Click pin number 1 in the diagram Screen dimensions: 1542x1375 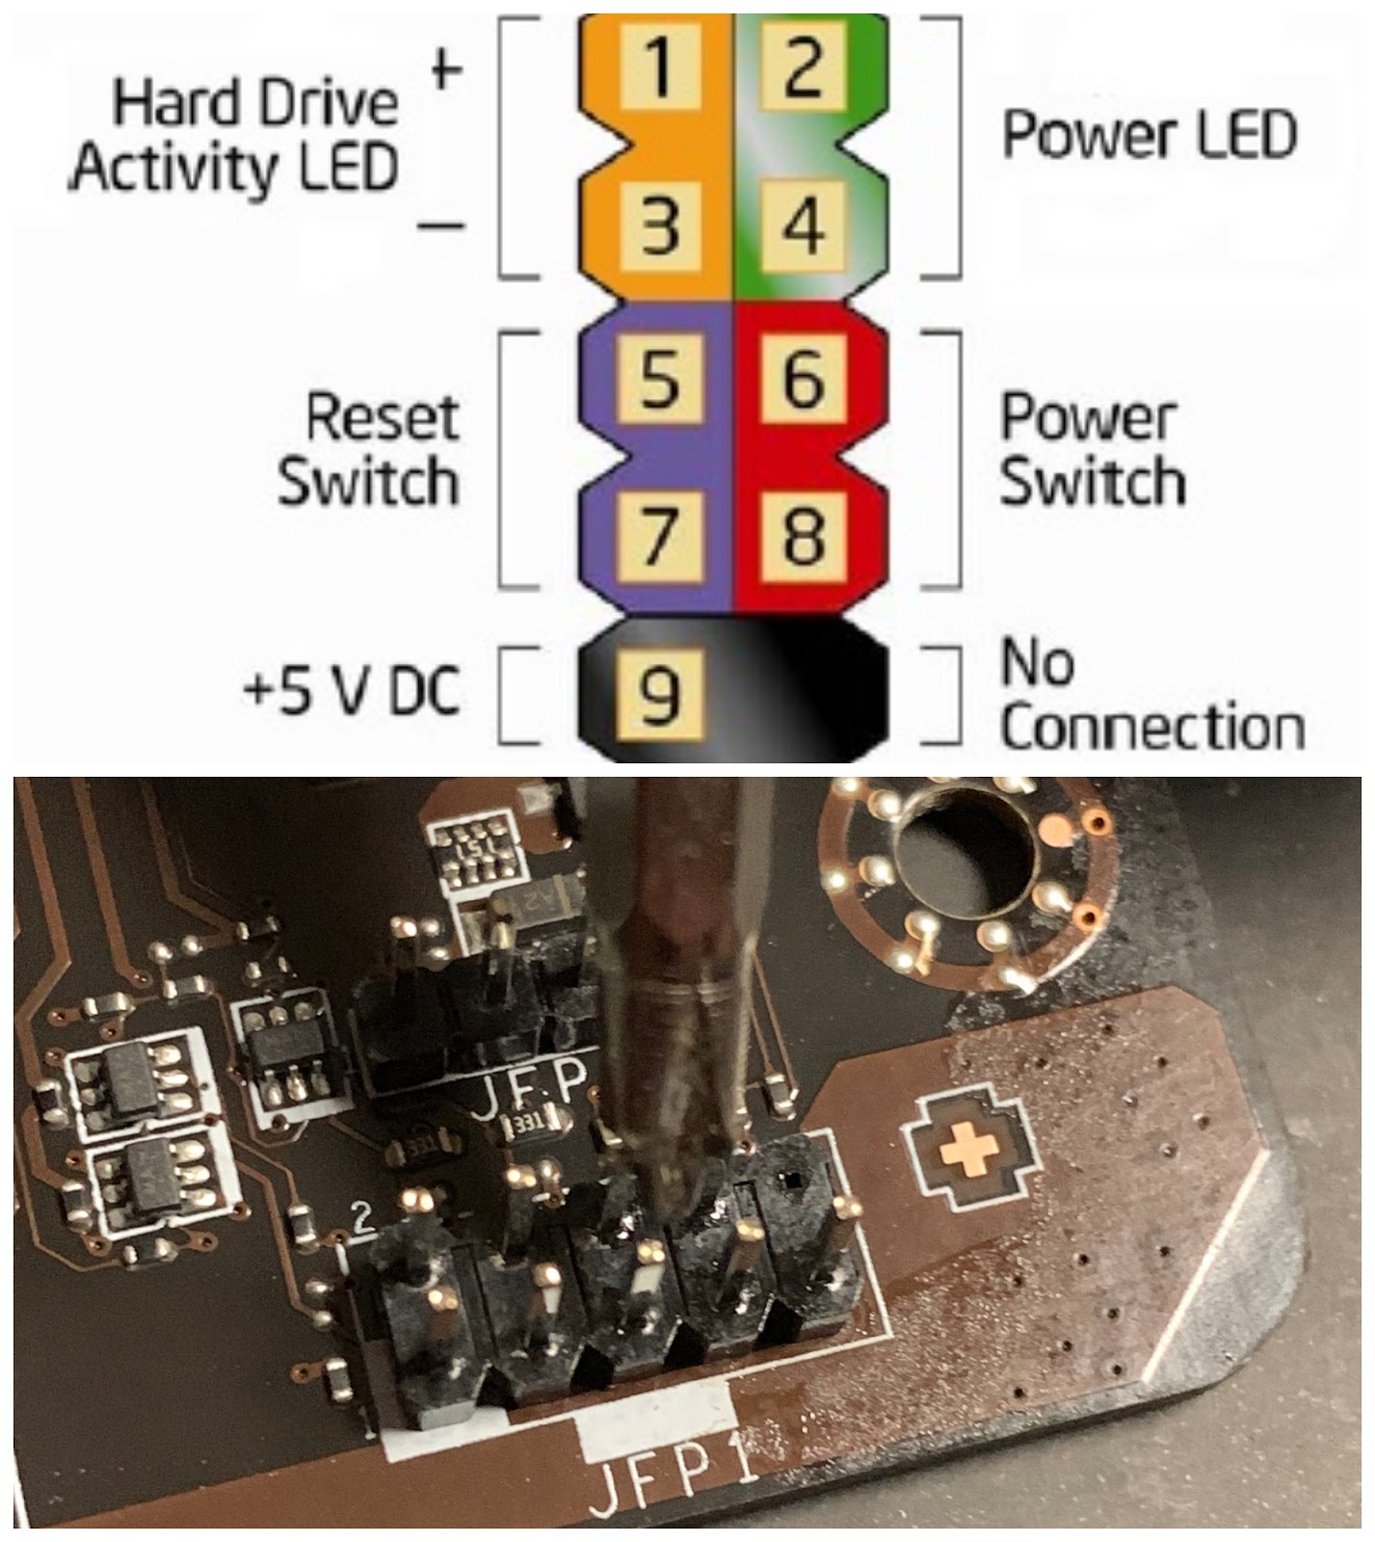(x=659, y=66)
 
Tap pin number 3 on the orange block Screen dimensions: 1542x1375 (x=659, y=226)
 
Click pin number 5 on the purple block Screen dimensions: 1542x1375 (x=659, y=378)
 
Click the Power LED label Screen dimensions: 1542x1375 (x=1149, y=135)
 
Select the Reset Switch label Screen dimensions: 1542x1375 (x=370, y=449)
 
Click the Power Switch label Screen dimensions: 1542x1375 (x=1091, y=449)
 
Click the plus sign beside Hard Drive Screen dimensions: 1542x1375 (x=445, y=69)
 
